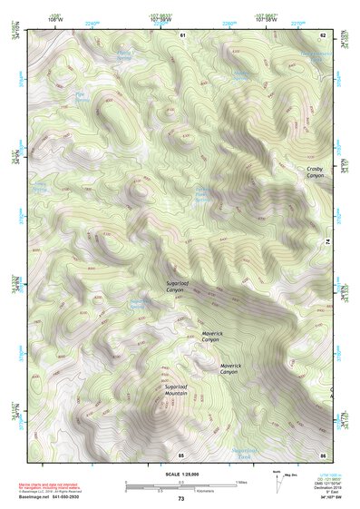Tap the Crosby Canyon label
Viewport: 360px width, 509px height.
click(x=315, y=171)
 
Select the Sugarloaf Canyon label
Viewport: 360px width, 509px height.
click(x=178, y=289)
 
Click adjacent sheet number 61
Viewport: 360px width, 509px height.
click(x=182, y=34)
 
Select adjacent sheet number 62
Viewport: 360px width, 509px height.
click(x=322, y=34)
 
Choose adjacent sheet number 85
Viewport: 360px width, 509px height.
click(x=181, y=455)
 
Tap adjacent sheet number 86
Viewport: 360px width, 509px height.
click(x=322, y=455)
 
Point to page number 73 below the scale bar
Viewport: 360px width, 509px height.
click(x=181, y=499)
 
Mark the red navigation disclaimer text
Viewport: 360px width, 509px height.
click(x=63, y=485)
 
